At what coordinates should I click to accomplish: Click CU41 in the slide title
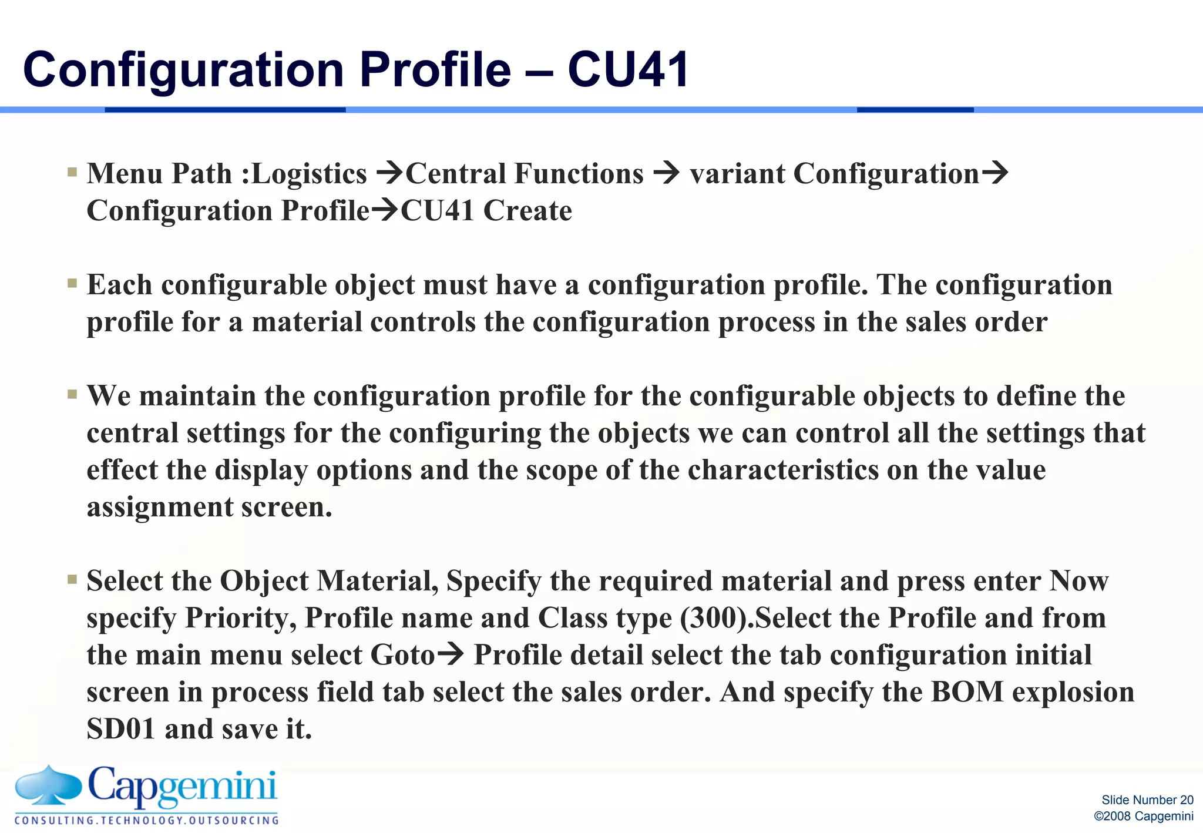pos(629,69)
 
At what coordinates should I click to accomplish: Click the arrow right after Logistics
pos(389,173)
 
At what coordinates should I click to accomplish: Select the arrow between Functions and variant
pos(666,173)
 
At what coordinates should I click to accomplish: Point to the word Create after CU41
pos(527,211)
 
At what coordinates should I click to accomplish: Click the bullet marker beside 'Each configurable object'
pos(72,284)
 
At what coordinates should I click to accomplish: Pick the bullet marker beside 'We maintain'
pos(72,394)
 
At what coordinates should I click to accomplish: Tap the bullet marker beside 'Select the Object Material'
pos(72,580)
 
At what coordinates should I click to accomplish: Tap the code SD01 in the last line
pos(121,729)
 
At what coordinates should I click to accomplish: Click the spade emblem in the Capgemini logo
pos(48,785)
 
